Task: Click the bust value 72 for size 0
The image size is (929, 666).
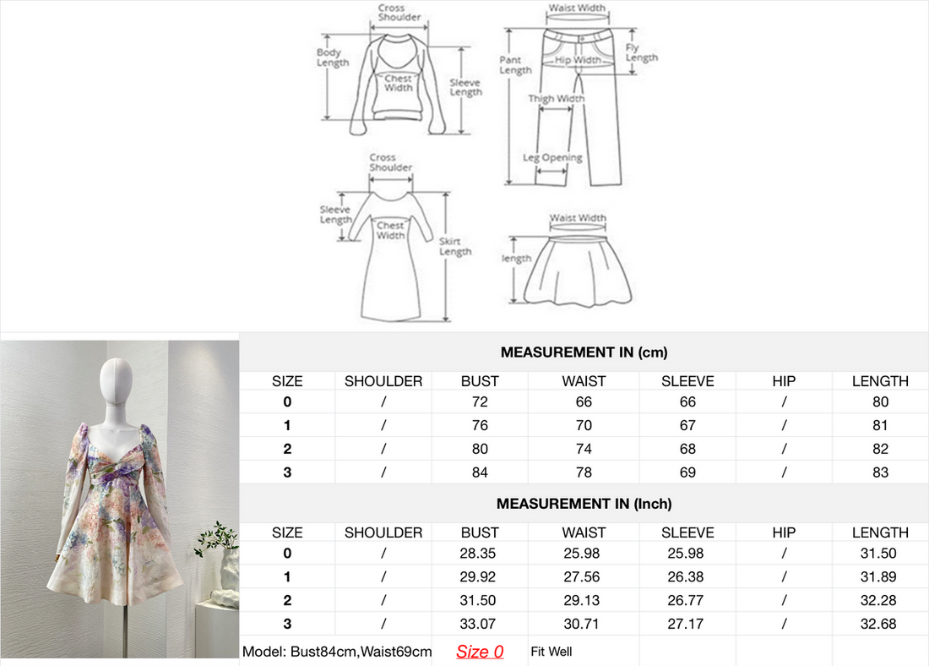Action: [x=480, y=402]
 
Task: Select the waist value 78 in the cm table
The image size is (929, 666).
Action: [x=584, y=472]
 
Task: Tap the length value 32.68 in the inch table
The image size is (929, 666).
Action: [x=878, y=624]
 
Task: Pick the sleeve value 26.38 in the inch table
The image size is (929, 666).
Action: [x=686, y=577]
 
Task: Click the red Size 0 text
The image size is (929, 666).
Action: [x=480, y=652]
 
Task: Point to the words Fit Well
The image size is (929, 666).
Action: [x=551, y=652]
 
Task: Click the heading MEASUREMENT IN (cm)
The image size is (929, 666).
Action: [x=584, y=352]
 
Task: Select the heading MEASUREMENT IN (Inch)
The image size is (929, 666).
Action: [x=584, y=504]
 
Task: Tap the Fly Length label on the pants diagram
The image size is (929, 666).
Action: [x=641, y=52]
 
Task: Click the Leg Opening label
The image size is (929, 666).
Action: [x=552, y=158]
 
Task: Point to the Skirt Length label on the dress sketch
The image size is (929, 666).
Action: [x=455, y=246]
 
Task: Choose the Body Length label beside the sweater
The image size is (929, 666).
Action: [x=333, y=57]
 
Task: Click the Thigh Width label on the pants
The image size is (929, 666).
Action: [x=557, y=98]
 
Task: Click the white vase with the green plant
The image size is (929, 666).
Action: [x=228, y=570]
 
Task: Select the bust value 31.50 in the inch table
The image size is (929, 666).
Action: [x=477, y=600]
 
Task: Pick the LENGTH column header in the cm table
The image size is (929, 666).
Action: [x=880, y=381]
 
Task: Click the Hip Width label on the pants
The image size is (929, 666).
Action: [x=578, y=60]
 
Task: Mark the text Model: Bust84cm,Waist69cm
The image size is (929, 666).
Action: [x=336, y=652]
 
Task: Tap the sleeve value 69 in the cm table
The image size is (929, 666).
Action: [x=687, y=472]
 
